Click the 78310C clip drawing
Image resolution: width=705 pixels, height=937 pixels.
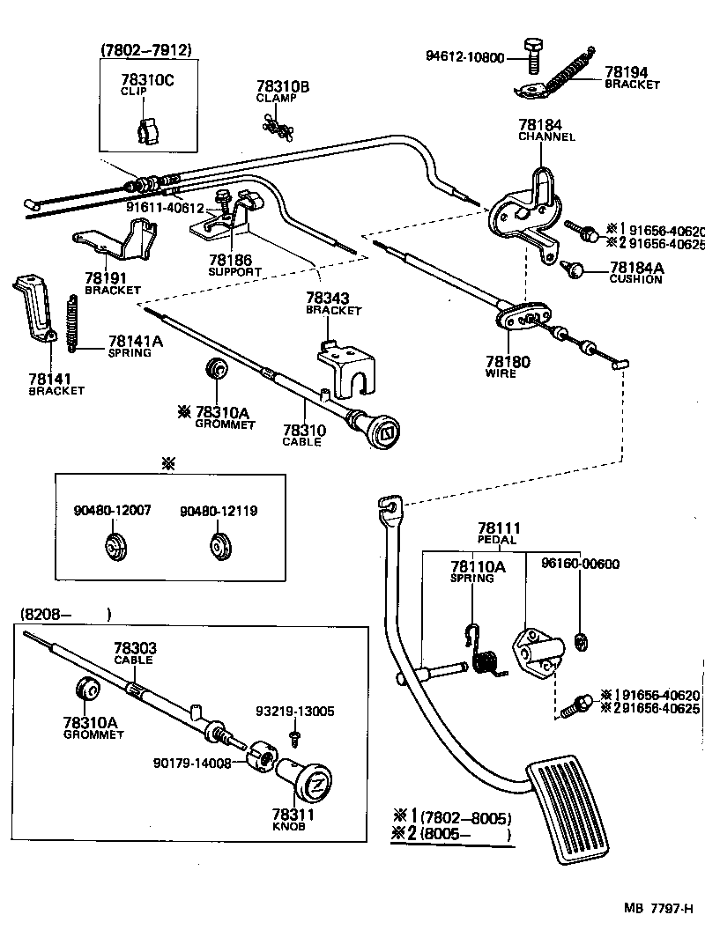pos(148,128)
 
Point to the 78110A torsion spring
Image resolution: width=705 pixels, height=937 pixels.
pos(484,653)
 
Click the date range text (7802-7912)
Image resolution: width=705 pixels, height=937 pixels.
pos(146,51)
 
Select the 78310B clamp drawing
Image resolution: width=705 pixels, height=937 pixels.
pos(276,122)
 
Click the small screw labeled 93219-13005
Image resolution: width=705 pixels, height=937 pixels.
pos(297,733)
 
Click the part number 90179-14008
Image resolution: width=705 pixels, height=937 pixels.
pos(191,763)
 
